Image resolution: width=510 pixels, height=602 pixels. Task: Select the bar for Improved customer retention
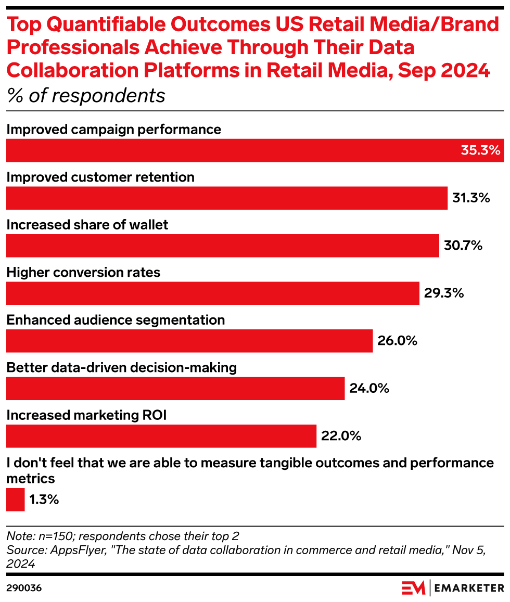click(226, 198)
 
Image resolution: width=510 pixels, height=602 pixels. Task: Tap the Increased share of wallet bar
click(222, 246)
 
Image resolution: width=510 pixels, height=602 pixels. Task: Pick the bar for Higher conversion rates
click(212, 293)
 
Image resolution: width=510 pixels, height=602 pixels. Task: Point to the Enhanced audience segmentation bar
click(189, 341)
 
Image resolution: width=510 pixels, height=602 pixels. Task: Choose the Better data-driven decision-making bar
click(175, 389)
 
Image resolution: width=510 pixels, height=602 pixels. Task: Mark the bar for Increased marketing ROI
click(161, 436)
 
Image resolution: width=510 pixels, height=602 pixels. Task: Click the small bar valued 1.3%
click(15, 500)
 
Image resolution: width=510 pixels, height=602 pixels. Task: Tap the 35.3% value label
click(480, 150)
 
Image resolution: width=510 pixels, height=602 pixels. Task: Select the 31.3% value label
click(471, 198)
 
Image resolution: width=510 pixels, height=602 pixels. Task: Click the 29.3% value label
click(443, 293)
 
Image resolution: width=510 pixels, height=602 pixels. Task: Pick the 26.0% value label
click(397, 341)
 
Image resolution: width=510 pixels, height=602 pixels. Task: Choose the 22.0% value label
click(341, 436)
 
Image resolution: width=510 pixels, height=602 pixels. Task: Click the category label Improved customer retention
click(100, 177)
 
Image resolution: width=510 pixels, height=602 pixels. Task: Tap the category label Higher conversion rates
click(83, 272)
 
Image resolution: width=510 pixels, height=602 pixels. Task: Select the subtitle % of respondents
click(86, 96)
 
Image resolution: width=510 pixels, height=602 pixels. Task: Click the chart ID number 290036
click(24, 588)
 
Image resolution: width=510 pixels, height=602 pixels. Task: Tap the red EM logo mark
click(414, 588)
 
